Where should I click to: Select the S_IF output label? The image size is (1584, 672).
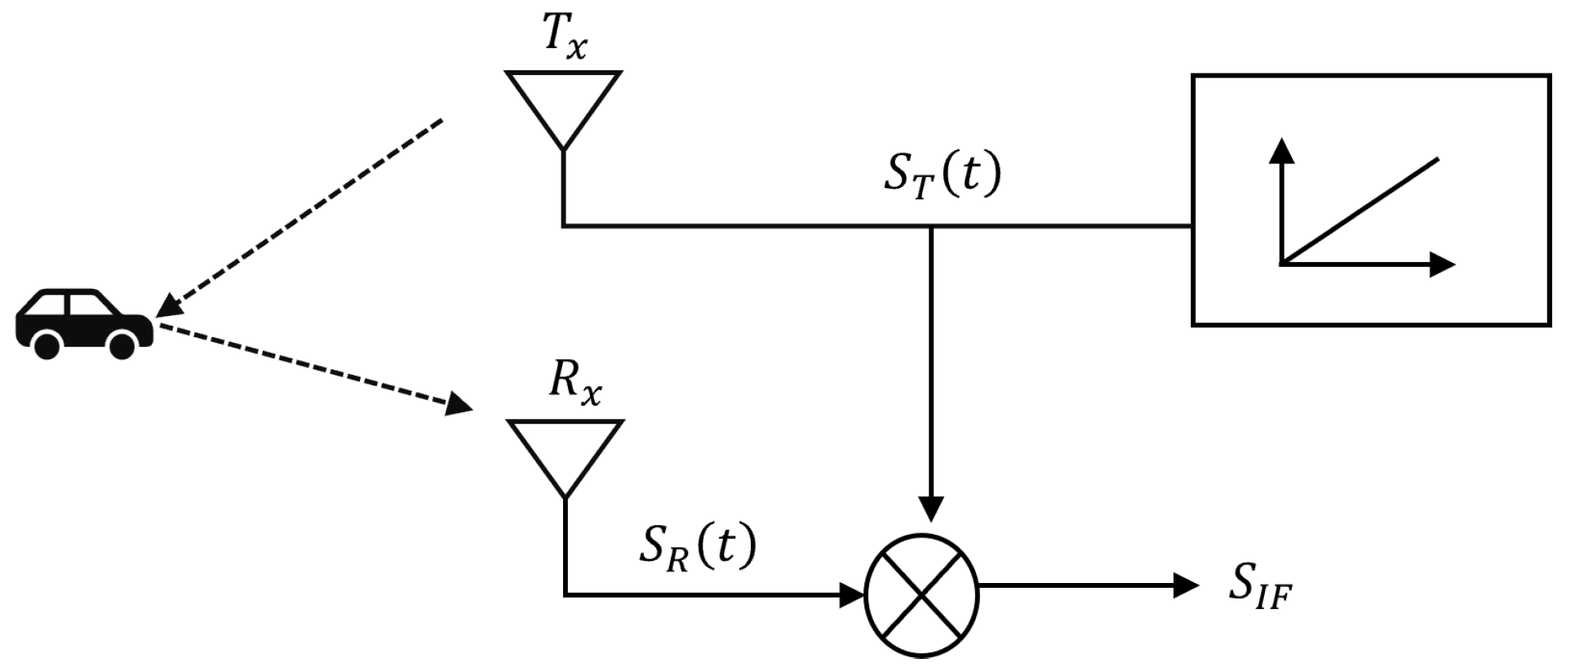click(x=1260, y=590)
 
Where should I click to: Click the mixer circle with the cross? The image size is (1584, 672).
click(x=921, y=594)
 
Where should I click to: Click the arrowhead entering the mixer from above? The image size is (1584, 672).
click(x=931, y=507)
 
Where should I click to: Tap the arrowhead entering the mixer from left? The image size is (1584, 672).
click(x=852, y=594)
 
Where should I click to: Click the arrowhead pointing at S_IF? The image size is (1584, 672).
click(x=1186, y=585)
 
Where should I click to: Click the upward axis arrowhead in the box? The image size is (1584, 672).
click(x=1284, y=151)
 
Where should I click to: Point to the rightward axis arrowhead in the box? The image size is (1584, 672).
click(x=1442, y=265)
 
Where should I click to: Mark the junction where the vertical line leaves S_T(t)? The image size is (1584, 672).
click(x=931, y=225)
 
